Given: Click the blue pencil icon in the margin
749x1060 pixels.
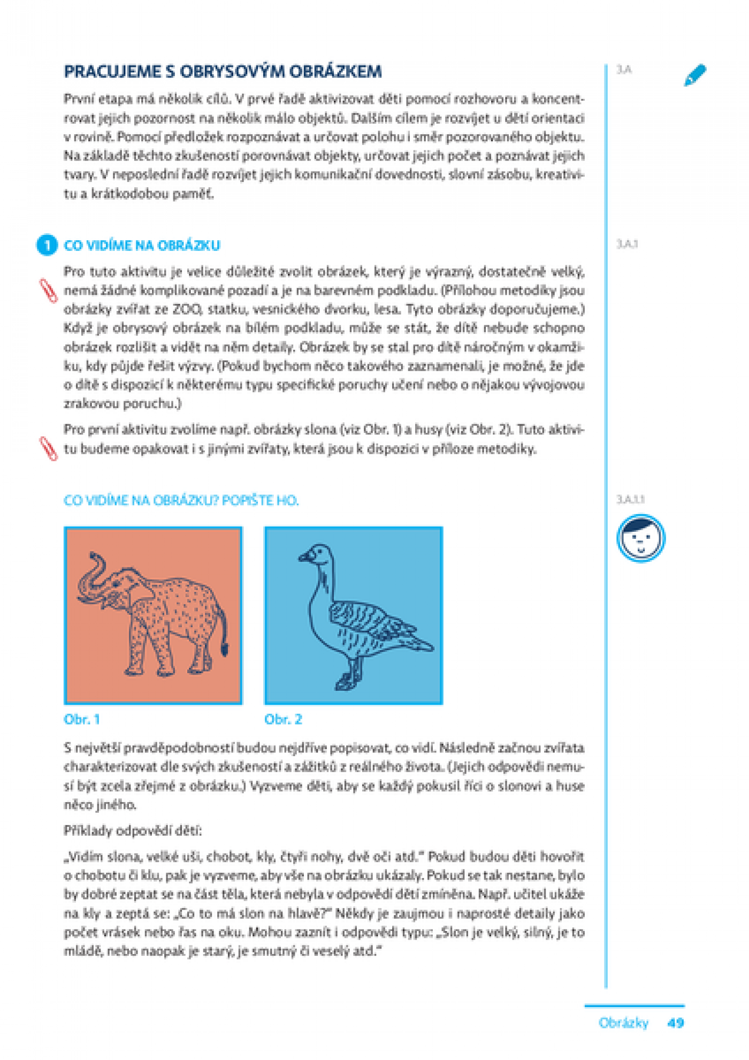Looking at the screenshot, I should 695,75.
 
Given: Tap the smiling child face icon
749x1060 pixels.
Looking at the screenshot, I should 640,538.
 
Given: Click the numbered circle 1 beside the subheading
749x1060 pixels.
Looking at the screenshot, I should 47,245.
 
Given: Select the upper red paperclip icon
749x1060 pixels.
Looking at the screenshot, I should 49,291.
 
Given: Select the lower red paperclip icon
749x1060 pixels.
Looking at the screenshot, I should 49,448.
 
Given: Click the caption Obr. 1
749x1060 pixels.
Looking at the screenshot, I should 82,719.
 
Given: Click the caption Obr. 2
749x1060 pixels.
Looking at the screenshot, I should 283,719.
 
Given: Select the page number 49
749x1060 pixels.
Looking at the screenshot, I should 676,1023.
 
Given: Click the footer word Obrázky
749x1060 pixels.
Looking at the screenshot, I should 623,1023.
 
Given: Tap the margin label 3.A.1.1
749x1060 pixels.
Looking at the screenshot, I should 630,499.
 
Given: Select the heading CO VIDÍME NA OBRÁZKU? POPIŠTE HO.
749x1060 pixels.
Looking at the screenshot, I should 181,500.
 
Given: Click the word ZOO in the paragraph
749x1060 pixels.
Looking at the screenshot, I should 186,309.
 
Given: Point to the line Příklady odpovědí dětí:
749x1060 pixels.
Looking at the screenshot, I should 133,830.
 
